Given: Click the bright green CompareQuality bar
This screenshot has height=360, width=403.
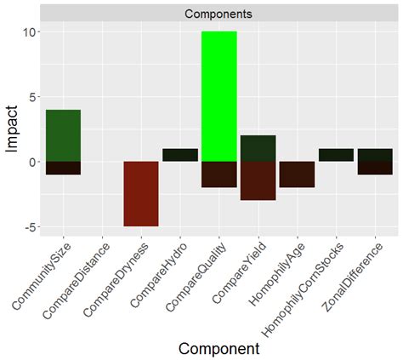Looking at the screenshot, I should (x=219, y=95).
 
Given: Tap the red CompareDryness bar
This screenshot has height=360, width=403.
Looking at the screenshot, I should (x=140, y=193).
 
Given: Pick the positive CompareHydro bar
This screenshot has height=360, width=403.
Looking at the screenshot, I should (x=179, y=155).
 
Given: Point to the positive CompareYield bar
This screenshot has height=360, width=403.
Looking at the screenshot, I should (x=258, y=148).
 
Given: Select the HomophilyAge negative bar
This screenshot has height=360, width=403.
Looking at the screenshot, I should (x=297, y=174).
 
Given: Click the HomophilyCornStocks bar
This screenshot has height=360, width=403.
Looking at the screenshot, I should (x=336, y=155).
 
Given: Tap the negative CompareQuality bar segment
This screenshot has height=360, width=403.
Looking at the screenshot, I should (x=219, y=174).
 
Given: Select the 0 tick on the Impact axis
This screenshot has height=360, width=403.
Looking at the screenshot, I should (x=30, y=162).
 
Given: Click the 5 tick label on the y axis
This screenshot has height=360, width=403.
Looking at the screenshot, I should (x=30, y=96).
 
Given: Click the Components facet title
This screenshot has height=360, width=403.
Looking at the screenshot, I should (x=218, y=14).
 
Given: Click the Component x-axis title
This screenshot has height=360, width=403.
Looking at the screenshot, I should (x=218, y=348).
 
